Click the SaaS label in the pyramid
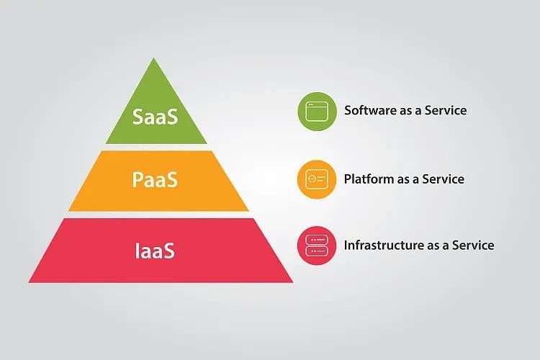click(156, 116)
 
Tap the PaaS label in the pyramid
click(155, 179)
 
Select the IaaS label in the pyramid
click(155, 251)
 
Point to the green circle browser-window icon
click(318, 112)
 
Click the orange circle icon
click(317, 179)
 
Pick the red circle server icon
click(317, 246)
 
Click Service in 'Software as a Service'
click(446, 110)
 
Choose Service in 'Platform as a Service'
click(444, 179)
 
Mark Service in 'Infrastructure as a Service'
click(473, 245)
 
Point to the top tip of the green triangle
click(154, 58)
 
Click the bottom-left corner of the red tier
click(29, 282)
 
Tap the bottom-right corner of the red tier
click(293, 282)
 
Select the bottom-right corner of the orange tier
click(248, 211)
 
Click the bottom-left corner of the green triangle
click(106, 143)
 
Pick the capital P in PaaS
click(138, 179)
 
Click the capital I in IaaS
click(137, 251)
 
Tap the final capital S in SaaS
click(173, 116)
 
